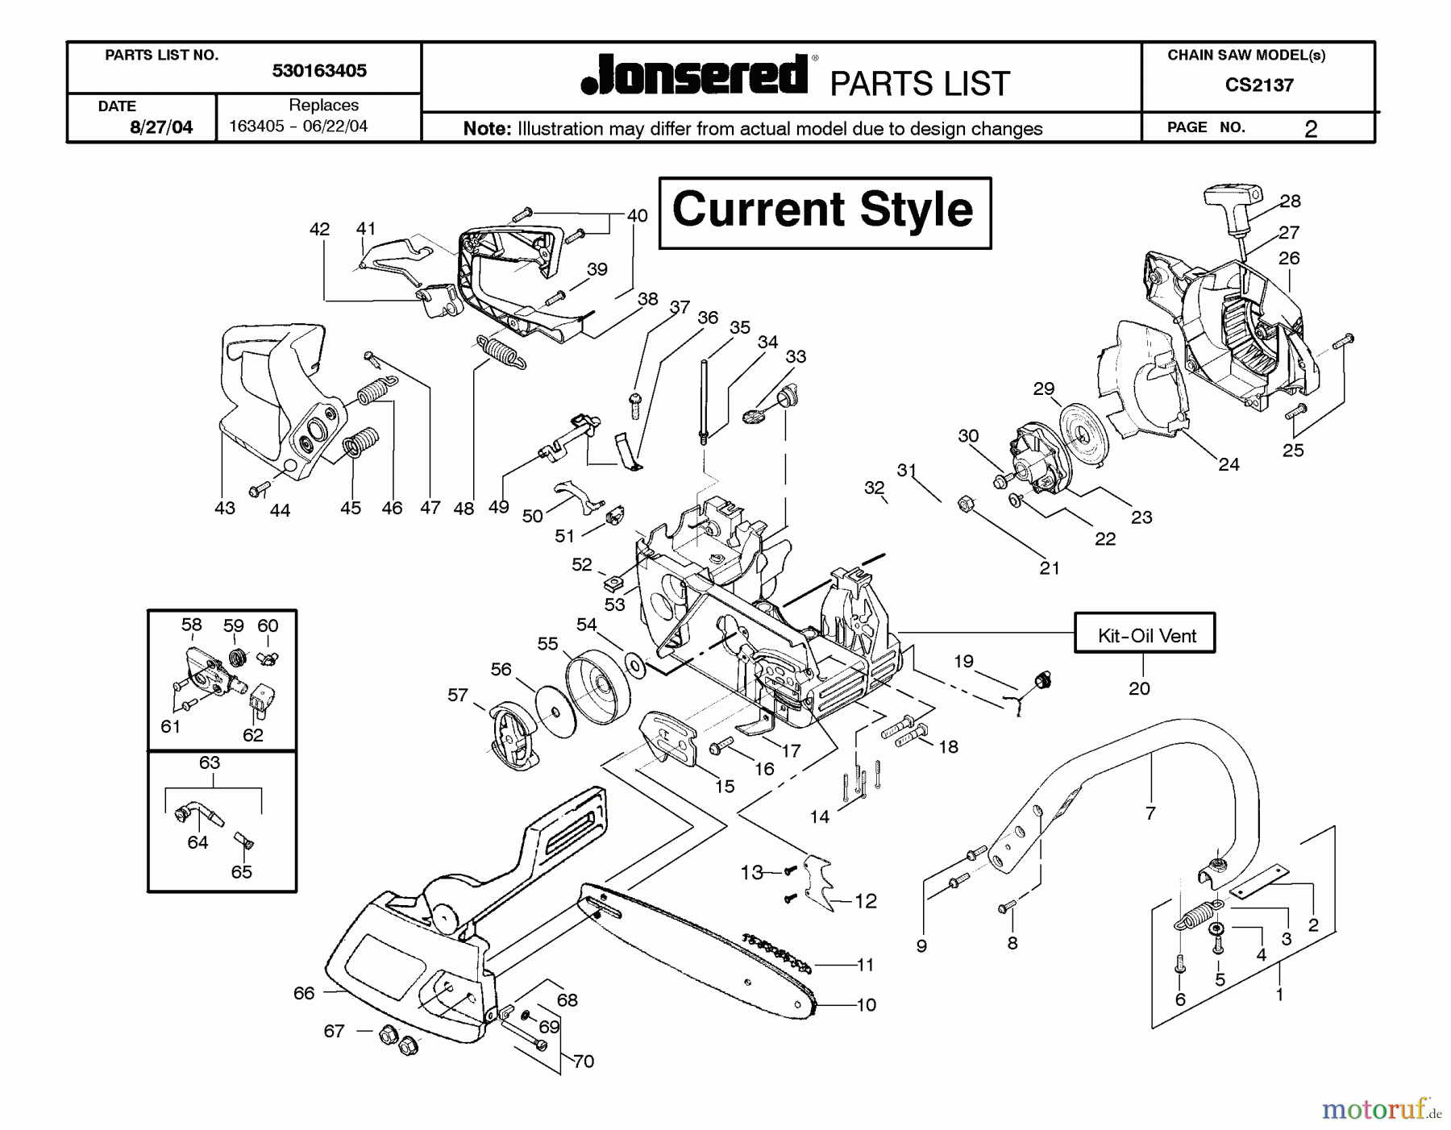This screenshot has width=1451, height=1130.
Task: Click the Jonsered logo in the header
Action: pyautogui.click(x=695, y=76)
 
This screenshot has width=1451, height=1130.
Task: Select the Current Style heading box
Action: pyautogui.click(x=824, y=212)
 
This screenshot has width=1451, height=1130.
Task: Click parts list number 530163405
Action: pyautogui.click(x=319, y=71)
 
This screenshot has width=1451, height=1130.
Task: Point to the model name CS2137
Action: pyautogui.click(x=1258, y=85)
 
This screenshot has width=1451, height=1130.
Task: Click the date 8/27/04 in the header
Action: pyautogui.click(x=161, y=127)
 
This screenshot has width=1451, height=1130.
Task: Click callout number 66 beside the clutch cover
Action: pyautogui.click(x=304, y=993)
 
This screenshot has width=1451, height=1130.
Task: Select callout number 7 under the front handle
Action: pyautogui.click(x=1150, y=813)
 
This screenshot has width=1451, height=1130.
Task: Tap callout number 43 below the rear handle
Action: pyautogui.click(x=225, y=508)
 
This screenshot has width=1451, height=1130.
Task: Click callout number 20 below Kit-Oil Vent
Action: pyautogui.click(x=1139, y=688)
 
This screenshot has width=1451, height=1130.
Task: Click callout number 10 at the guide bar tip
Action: pyautogui.click(x=866, y=1005)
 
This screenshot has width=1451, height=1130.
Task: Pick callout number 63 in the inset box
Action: pyautogui.click(x=210, y=762)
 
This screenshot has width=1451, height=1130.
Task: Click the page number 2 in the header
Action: pyautogui.click(x=1311, y=129)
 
